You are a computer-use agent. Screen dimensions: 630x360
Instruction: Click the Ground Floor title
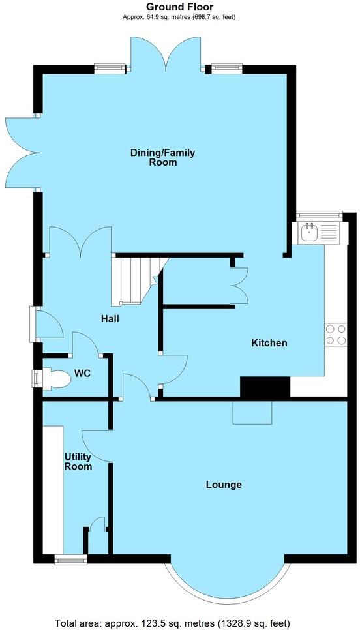pos(179,7)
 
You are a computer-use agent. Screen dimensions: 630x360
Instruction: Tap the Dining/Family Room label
pos(162,157)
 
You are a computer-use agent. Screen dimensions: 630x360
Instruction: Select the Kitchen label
pos(269,342)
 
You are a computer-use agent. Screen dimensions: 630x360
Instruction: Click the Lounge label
pos(224,485)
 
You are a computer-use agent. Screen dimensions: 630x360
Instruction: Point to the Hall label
pos(110,320)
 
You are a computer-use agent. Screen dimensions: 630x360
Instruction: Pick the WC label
pos(82,374)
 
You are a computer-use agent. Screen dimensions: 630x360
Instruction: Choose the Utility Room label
pos(78,461)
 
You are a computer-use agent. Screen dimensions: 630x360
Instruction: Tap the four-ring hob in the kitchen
pos(335,335)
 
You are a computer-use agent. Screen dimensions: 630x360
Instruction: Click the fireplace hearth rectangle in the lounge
pos(252,412)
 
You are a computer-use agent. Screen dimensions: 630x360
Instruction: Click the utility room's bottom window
pos(70,558)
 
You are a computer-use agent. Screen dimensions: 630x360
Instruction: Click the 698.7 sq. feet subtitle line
pos(179,17)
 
